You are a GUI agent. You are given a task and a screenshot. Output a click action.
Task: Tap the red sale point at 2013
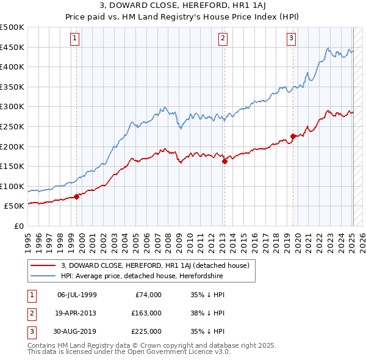point(224,161)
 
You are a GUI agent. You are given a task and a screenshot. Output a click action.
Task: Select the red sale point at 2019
point(293,136)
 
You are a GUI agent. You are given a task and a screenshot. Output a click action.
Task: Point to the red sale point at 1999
point(76,196)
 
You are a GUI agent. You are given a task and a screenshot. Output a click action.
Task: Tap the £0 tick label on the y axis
point(20,226)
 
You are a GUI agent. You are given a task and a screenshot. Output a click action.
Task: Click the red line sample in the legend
point(44,265)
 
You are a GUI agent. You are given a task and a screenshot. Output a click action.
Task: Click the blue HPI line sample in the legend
point(44,276)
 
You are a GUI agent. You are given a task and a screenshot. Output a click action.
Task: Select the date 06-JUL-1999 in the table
point(77,295)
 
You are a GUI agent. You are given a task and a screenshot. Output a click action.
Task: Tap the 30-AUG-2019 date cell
point(77,331)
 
